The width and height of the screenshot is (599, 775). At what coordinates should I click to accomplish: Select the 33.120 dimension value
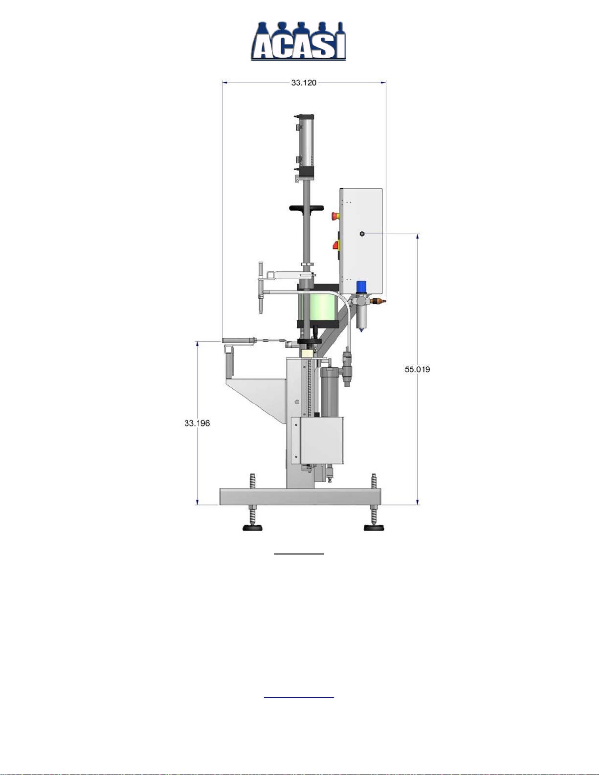click(x=304, y=83)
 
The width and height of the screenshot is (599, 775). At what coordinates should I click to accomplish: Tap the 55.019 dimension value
click(x=417, y=370)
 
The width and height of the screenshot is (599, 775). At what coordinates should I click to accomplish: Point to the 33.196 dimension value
click(x=197, y=423)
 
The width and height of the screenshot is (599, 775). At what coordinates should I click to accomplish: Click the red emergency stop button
click(x=335, y=216)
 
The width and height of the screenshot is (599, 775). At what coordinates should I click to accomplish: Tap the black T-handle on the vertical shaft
click(x=307, y=208)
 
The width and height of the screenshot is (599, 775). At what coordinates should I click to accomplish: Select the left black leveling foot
click(x=252, y=528)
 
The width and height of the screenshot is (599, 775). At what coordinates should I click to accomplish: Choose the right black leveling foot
click(x=374, y=528)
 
